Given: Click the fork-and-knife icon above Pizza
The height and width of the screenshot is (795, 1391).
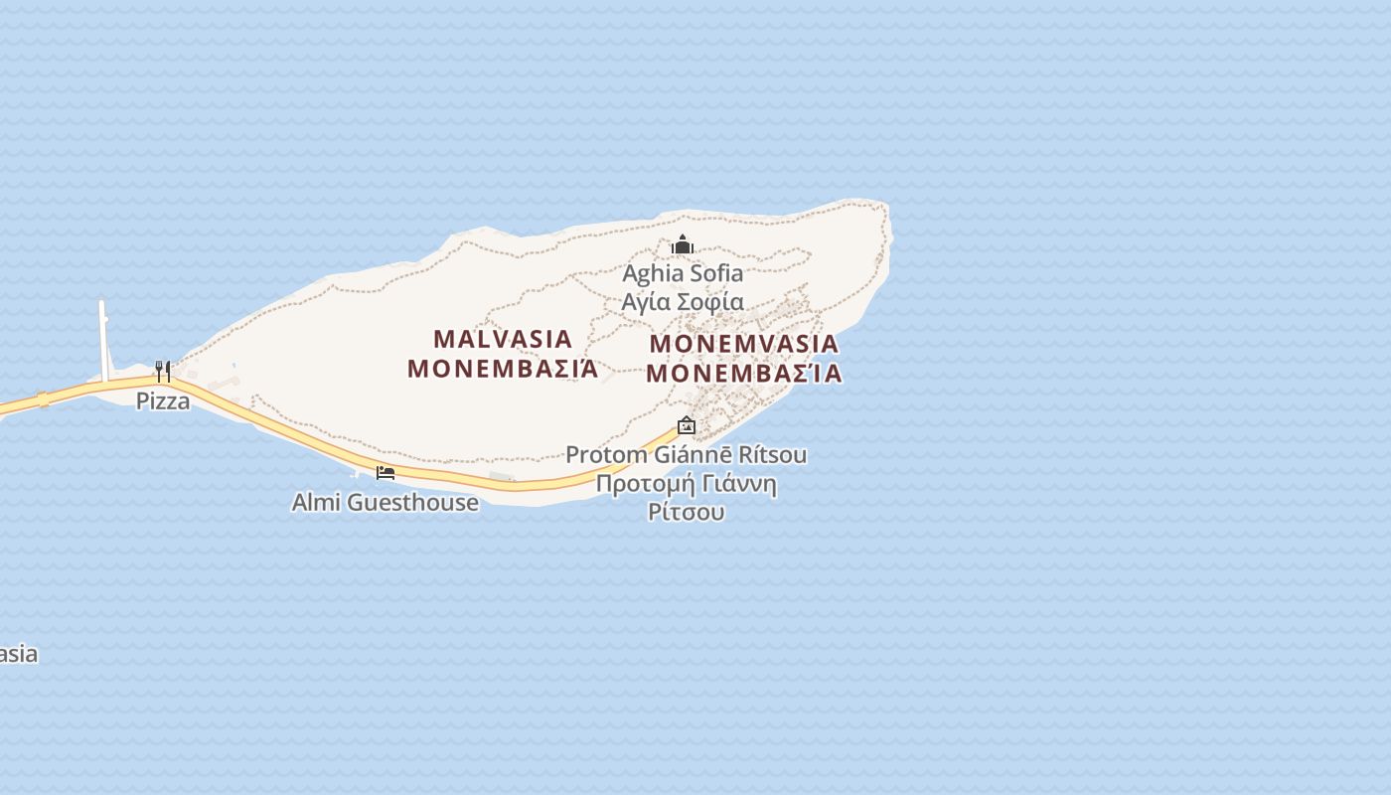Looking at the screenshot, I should (x=163, y=372).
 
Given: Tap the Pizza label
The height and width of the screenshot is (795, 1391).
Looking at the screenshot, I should (x=163, y=401).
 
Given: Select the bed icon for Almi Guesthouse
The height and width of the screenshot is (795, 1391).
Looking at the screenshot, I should (x=386, y=472).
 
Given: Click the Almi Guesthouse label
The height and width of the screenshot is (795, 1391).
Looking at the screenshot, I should (x=385, y=503).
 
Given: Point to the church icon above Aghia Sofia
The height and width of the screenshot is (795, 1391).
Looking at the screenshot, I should (x=683, y=244).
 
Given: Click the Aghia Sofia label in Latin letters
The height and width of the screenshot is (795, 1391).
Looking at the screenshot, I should (x=683, y=273).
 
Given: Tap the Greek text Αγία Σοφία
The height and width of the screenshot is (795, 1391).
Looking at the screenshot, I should (x=683, y=302).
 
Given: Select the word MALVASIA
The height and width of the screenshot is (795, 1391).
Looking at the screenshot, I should (x=504, y=339).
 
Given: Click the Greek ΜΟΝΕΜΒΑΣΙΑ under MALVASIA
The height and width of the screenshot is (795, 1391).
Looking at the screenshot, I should (x=504, y=369).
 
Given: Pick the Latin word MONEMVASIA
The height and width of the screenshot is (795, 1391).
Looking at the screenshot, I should (x=744, y=345).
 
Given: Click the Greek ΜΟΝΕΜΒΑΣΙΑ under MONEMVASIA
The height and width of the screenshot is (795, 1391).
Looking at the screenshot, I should (x=744, y=374).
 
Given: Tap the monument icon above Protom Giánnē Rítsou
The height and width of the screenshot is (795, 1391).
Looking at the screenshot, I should (x=686, y=425).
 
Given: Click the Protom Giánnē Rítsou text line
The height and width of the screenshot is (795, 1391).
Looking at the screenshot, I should (x=686, y=455).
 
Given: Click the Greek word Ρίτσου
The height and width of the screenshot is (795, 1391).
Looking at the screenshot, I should (x=686, y=513).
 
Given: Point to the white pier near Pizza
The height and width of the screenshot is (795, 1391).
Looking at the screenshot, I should (x=103, y=338).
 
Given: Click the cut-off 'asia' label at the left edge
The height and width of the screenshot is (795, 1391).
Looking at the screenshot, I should (x=18, y=654).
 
